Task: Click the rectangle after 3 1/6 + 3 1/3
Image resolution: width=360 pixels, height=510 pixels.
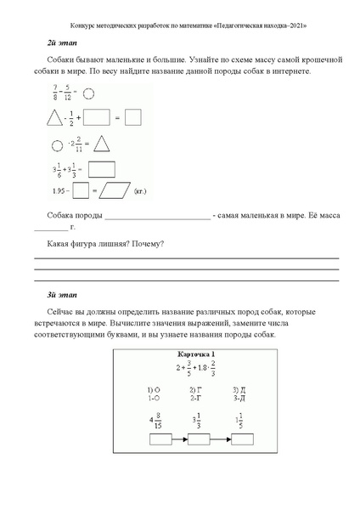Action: point(101,167)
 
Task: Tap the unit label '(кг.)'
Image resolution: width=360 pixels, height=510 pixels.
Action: point(143,191)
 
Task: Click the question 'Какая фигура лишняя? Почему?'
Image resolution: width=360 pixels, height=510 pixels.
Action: point(102,245)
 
